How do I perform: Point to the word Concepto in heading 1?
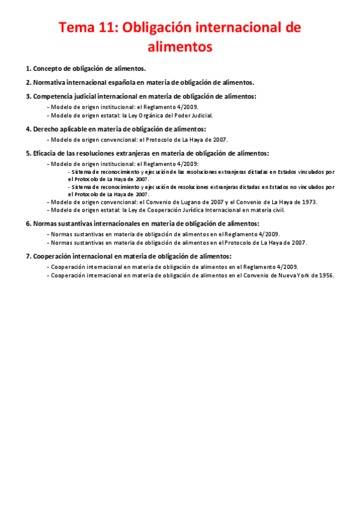[x=47, y=69]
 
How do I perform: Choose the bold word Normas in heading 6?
[x=45, y=224]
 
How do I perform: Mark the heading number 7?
[x=28, y=256]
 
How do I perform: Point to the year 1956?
[x=324, y=275]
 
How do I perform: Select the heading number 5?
[x=28, y=153]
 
